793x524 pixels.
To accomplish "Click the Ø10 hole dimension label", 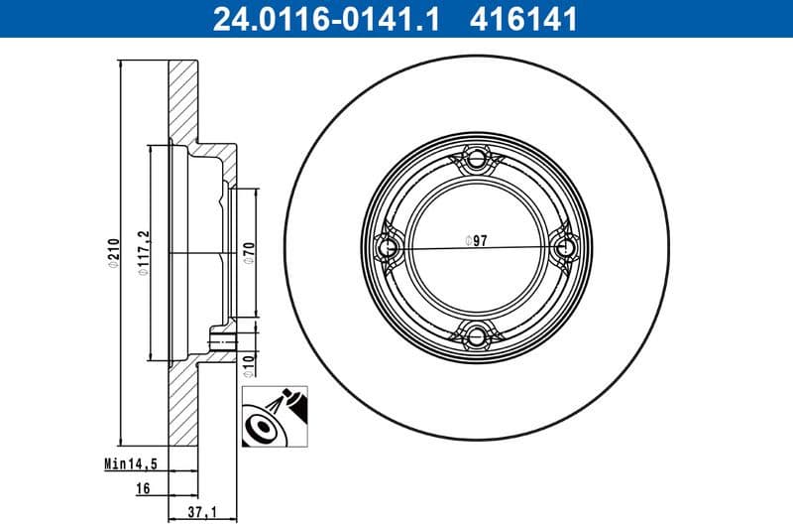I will [250, 364].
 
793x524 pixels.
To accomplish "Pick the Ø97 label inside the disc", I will [475, 240].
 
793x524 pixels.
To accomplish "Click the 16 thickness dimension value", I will [144, 489].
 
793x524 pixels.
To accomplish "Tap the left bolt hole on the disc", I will [387, 247].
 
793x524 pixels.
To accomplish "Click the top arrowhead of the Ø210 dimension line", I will [119, 67].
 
